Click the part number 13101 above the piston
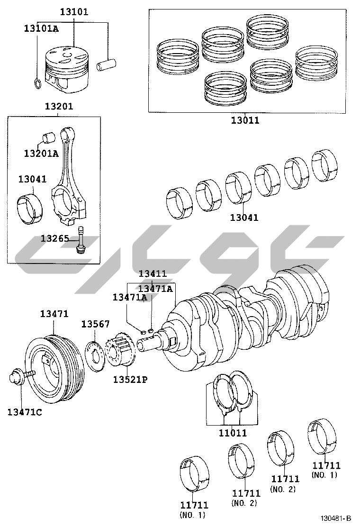[x=73, y=12]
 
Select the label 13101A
[x=41, y=28]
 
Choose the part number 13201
[x=59, y=107]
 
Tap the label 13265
[x=54, y=238]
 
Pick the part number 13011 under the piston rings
[x=245, y=120]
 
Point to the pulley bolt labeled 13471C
[x=19, y=378]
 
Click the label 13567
[x=95, y=324]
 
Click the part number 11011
[x=232, y=433]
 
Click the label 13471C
[x=24, y=412]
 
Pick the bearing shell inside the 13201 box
[x=29, y=208]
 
